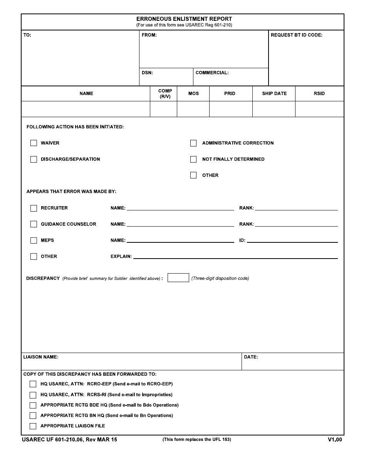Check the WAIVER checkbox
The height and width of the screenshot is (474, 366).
click(x=34, y=143)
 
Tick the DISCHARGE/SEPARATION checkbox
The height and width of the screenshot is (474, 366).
click(x=34, y=159)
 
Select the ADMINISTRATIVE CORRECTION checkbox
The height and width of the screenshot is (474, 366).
click(x=193, y=143)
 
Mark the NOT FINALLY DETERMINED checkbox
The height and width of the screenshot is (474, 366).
click(x=193, y=159)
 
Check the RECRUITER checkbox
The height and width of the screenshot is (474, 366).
click(x=34, y=208)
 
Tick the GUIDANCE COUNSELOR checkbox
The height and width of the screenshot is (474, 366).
click(x=34, y=224)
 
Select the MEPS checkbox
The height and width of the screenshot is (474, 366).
click(x=34, y=240)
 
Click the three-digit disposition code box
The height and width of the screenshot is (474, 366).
click(x=178, y=278)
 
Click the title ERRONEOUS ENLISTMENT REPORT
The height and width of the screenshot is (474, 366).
click(x=184, y=19)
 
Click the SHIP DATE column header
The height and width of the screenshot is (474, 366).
click(x=274, y=94)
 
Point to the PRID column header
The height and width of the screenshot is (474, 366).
click(x=230, y=94)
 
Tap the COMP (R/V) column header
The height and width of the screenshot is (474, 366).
click(x=165, y=94)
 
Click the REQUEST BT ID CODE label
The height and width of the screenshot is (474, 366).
click(x=297, y=35)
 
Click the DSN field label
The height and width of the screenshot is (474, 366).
click(x=147, y=72)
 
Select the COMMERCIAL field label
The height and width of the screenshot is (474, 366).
click(x=212, y=72)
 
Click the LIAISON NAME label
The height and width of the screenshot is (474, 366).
click(x=41, y=357)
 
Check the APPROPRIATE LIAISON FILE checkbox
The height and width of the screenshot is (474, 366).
click(x=33, y=426)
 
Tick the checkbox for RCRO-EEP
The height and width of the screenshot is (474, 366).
click(x=33, y=384)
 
